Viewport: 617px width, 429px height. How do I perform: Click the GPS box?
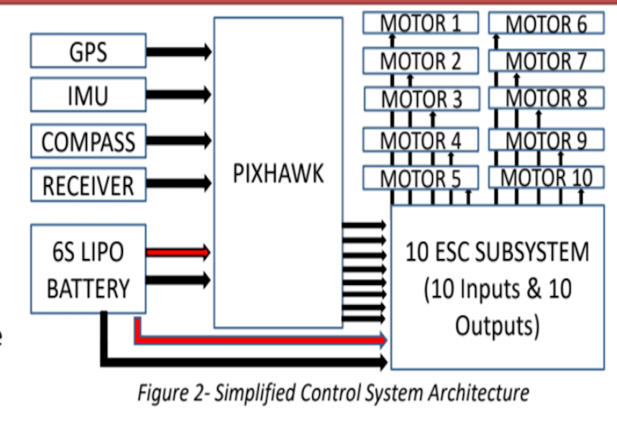[x=88, y=51]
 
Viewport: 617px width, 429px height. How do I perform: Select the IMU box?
[x=88, y=95]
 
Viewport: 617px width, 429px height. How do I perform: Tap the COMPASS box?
[x=88, y=141]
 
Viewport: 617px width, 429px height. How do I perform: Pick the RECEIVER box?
[x=88, y=185]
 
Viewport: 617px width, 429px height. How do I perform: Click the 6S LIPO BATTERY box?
[x=88, y=269]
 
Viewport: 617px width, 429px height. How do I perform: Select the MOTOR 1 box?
[x=421, y=23]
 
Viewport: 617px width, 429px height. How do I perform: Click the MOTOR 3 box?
[x=421, y=98]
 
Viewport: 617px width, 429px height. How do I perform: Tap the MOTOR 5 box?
[x=421, y=177]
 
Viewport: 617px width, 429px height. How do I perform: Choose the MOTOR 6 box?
[x=546, y=24]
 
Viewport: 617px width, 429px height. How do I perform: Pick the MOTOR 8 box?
[x=546, y=98]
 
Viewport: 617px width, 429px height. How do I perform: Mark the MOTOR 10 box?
[x=546, y=177]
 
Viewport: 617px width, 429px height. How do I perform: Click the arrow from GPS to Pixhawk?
[x=179, y=51]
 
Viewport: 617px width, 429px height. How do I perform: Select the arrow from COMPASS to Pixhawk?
[x=179, y=139]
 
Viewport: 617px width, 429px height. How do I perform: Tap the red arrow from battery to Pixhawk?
[x=179, y=253]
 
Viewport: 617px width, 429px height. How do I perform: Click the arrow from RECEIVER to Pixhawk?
[x=179, y=183]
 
